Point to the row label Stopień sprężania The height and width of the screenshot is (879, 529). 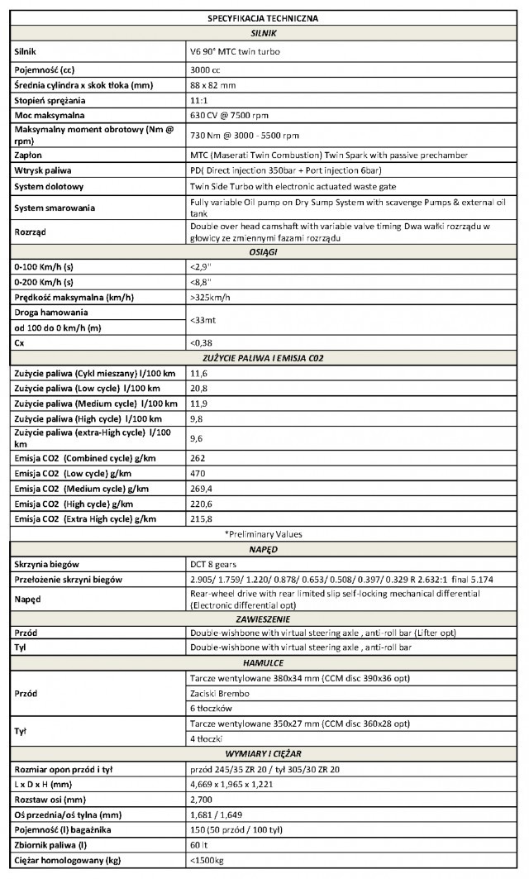click(51, 100)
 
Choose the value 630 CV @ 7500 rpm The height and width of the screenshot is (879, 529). click(231, 116)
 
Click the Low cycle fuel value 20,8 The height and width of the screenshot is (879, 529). click(198, 388)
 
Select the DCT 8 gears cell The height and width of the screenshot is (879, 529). click(215, 564)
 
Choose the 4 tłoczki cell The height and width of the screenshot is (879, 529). click(208, 738)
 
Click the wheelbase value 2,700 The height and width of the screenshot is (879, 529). click(203, 800)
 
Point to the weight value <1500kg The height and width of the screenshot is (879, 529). click(208, 862)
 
